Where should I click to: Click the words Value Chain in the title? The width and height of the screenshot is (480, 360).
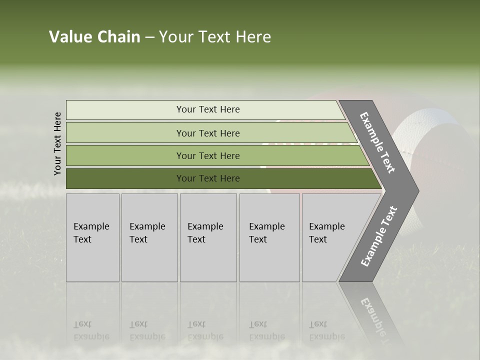94,37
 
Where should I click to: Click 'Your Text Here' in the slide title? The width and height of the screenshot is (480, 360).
215,37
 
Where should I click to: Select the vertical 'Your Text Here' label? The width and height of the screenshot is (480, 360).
57,144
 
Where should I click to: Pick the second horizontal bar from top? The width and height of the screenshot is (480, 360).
207,133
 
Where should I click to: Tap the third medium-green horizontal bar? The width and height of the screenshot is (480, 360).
207,155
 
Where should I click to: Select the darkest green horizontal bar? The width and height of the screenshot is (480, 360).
207,178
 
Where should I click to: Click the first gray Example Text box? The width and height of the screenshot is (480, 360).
92,237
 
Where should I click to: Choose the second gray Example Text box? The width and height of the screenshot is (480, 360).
149,237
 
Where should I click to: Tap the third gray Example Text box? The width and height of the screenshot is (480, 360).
208,237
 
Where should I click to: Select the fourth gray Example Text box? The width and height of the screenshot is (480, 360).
269,237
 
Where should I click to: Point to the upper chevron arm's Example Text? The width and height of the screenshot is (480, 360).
377,142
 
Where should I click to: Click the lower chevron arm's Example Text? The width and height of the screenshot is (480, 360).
378,236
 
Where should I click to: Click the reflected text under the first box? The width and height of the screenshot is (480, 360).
91,330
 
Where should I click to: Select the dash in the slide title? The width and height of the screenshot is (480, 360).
149,37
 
